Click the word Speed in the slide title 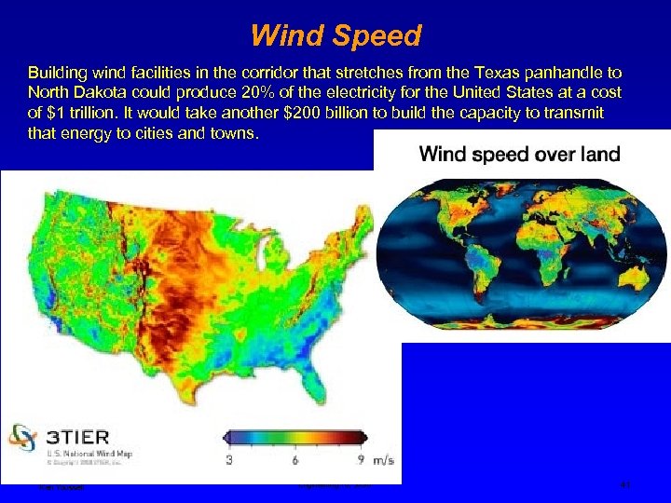(373, 37)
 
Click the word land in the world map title (596, 154)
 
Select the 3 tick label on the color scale (229, 460)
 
